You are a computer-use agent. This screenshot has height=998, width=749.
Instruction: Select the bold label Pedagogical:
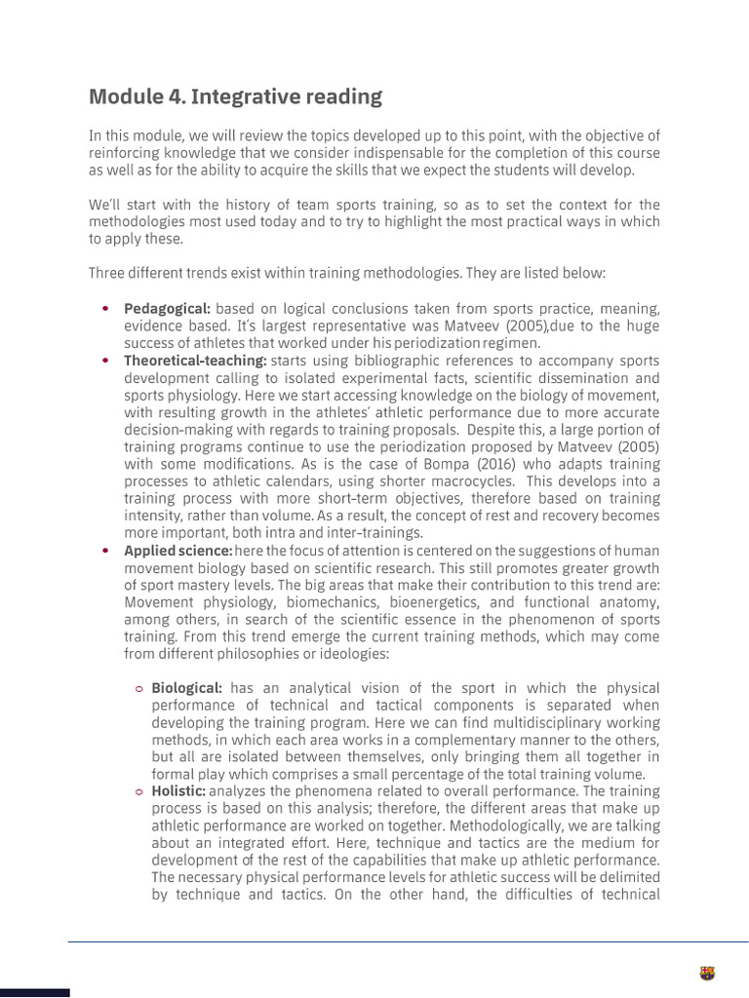(x=167, y=309)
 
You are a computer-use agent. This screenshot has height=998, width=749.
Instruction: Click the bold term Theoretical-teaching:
(x=195, y=361)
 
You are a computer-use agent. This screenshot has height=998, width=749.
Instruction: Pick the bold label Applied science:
(x=177, y=551)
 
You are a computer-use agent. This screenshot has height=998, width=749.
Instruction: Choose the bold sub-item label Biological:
(x=186, y=688)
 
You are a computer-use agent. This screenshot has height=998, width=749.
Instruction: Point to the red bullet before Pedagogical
(x=105, y=309)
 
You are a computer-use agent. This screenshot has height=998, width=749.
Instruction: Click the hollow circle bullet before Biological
(x=139, y=689)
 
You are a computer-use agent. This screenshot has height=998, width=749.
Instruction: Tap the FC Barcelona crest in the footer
(x=707, y=973)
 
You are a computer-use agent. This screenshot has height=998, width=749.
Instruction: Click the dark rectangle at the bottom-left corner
(x=34, y=992)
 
